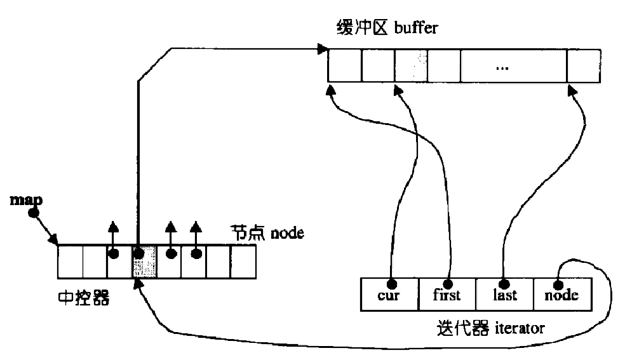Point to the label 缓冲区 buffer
(x=387, y=29)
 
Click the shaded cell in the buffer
(x=410, y=65)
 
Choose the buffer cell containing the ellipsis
(x=513, y=65)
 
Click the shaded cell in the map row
(x=144, y=261)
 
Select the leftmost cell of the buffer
(x=345, y=65)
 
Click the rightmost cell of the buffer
(x=583, y=65)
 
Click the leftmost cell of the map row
(x=71, y=261)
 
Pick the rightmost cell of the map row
(x=243, y=261)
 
